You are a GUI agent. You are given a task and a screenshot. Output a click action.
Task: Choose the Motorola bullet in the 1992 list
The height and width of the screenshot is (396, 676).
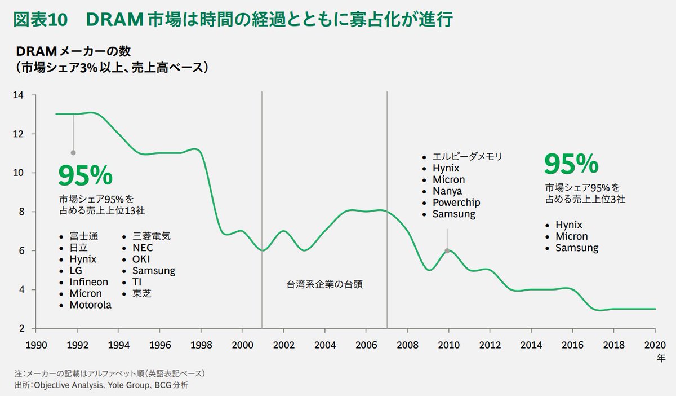[90, 305]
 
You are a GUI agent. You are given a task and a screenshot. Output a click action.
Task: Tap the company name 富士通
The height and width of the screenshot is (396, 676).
[83, 236]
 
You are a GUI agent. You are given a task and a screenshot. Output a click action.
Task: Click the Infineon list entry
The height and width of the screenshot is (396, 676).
[89, 282]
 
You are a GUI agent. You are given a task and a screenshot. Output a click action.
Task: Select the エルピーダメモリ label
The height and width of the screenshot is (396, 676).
[466, 156]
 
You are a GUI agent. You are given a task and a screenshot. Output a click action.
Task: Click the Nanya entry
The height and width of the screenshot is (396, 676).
[447, 191]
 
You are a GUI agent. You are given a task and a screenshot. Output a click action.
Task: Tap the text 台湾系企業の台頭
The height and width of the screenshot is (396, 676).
[324, 284]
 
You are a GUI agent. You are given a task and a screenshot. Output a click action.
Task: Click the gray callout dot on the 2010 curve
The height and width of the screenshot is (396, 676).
[447, 251]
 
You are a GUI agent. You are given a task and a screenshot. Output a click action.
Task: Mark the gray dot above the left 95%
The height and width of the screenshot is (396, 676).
[73, 152]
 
